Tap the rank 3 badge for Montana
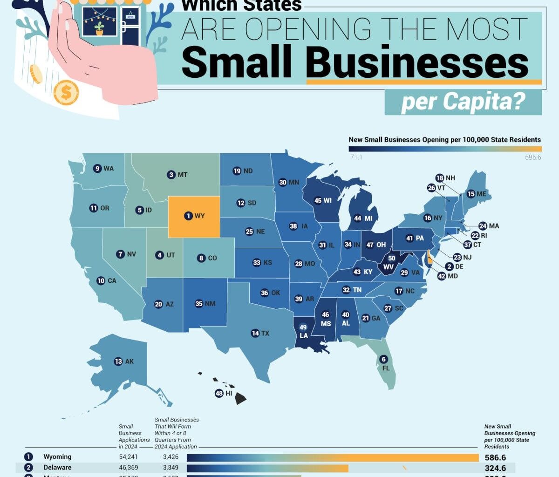(171, 175)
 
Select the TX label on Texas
(266, 333)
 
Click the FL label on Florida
(386, 368)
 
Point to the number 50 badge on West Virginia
(391, 258)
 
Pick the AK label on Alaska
(130, 361)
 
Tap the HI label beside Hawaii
(229, 393)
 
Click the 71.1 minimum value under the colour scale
(356, 157)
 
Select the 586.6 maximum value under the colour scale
(533, 157)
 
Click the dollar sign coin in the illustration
(66, 93)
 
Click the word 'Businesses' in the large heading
(417, 62)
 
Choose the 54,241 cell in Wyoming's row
(128, 457)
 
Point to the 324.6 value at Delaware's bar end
(495, 468)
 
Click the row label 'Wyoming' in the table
(57, 457)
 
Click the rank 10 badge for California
(101, 280)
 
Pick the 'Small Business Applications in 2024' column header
(134, 436)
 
